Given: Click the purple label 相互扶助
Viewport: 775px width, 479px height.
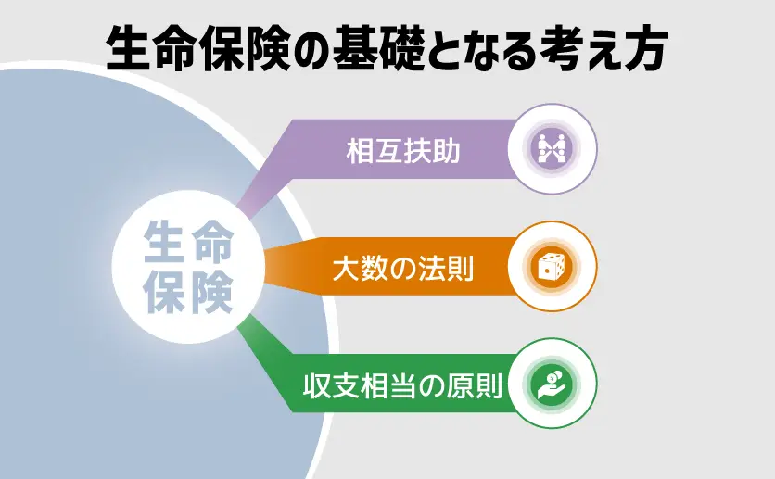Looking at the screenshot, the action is [403, 151].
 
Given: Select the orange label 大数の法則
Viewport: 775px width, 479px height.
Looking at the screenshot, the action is [403, 268].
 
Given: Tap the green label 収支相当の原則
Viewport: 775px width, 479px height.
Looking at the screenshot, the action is [403, 385].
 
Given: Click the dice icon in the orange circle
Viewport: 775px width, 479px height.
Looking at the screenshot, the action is [552, 266].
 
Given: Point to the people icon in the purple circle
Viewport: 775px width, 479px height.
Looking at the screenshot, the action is [553, 148].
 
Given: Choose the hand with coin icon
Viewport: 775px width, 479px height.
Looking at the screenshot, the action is [553, 384].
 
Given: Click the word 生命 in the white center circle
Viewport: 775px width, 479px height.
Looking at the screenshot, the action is [188, 241].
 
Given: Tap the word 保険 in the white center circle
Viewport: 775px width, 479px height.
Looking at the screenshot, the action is [188, 292].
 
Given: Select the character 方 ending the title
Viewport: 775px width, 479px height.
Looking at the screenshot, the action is [645, 48].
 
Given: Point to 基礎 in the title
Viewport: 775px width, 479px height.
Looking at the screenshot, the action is [378, 48].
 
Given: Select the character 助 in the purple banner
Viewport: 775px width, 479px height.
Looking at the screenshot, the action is [446, 151].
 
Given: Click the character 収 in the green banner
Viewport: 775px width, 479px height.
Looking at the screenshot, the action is [317, 385].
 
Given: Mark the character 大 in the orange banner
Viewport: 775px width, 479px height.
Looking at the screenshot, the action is [346, 268].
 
